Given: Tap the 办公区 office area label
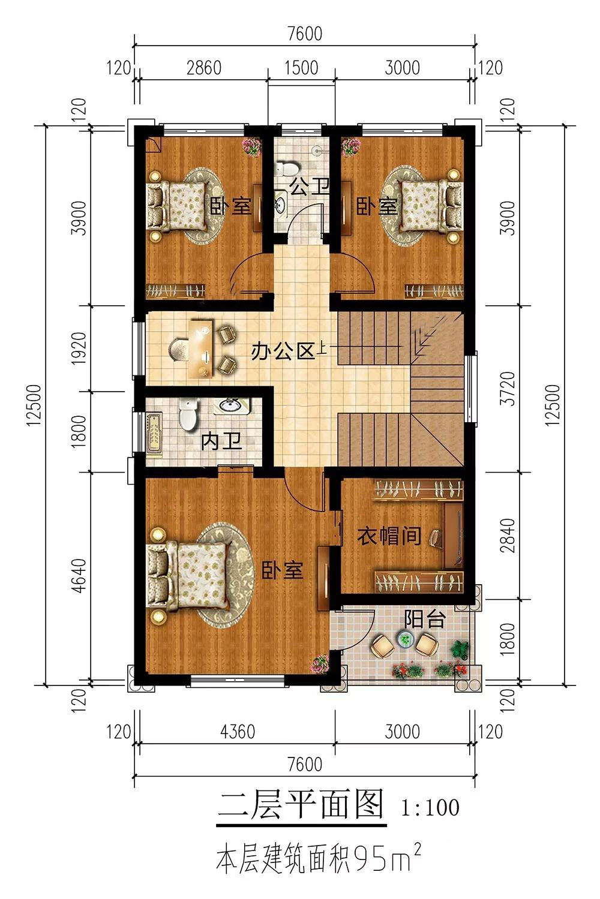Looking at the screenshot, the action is point(283,352).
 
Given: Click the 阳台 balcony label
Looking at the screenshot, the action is point(424,619).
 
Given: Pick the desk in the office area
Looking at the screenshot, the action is point(201,348).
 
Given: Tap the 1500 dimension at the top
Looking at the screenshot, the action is point(301,68).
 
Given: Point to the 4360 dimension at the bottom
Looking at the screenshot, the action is point(238,732).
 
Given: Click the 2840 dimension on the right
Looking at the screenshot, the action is point(508,536).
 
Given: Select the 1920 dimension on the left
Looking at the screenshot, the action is point(80,348).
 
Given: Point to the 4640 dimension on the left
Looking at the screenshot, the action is point(80,575).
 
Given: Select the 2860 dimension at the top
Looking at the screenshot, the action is point(204,68).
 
